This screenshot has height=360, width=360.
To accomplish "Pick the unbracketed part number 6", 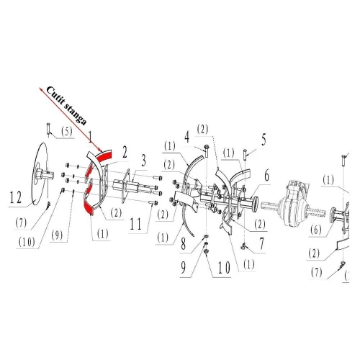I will [x=266, y=174].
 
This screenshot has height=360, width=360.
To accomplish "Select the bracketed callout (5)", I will [x=66, y=132].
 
